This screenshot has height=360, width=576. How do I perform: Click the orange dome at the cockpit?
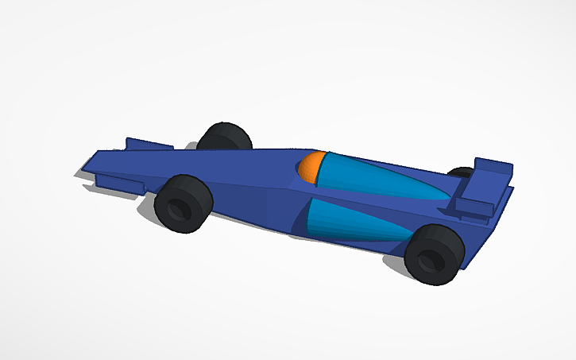coord(313,166)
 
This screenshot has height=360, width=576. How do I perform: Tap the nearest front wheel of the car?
coord(184,204)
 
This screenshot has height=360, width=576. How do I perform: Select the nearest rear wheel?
coord(434,254)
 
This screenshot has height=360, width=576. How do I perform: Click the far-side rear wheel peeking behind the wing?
coord(461,172)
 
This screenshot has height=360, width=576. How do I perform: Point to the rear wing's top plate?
coord(493,166)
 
